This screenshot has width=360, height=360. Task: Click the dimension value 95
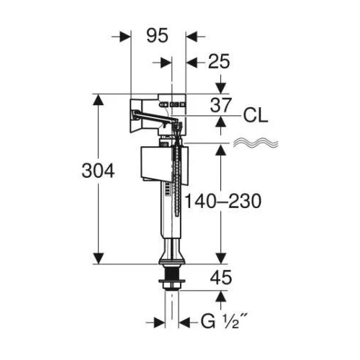[158, 36]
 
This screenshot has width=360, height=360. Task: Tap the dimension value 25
[219, 61]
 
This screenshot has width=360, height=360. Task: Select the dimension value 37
[221, 105]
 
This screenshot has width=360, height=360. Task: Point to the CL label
[256, 116]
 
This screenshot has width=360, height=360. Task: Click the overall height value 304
[98, 171]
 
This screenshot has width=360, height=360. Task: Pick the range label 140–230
[222, 201]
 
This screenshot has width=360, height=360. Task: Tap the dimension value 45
[221, 278]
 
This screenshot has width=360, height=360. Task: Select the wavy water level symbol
[256, 143]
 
